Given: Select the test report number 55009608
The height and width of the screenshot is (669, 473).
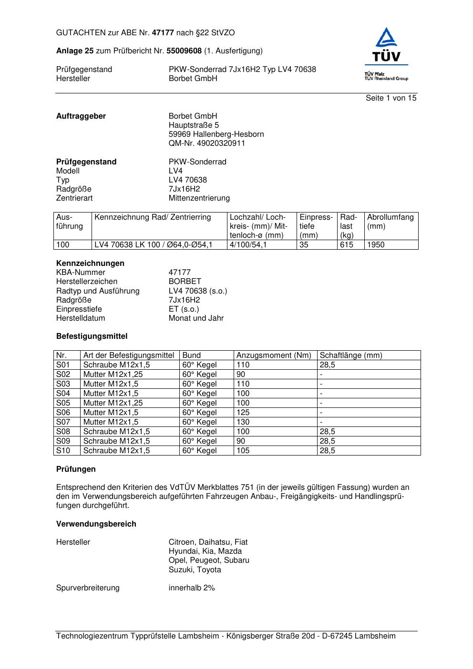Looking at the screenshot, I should (184, 51).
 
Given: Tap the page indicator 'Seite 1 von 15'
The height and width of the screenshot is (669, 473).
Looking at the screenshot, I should (391, 98).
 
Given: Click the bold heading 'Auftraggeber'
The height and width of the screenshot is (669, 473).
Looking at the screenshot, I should (81, 116).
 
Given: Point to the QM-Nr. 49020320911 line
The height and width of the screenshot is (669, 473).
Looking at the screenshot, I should (206, 143).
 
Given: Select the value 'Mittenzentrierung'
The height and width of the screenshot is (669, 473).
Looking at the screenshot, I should (199, 198).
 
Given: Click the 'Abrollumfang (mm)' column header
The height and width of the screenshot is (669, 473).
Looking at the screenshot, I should (390, 222).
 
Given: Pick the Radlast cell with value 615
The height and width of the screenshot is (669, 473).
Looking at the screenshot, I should (347, 245).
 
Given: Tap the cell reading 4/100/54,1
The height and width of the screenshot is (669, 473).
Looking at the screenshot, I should (248, 245).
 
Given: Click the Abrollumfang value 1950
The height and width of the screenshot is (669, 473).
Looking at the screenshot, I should (376, 245).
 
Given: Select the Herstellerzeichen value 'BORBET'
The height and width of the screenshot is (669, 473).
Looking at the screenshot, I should (185, 282).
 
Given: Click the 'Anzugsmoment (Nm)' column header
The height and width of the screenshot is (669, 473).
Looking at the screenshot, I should (274, 355).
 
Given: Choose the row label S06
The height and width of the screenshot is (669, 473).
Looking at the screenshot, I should (63, 413).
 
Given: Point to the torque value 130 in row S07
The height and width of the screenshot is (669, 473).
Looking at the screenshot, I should (243, 422).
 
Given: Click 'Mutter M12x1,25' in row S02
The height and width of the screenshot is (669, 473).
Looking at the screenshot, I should (113, 375).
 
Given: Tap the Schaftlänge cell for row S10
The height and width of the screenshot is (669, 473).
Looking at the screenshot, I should (328, 451).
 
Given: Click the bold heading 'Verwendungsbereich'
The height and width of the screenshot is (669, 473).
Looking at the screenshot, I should (96, 524).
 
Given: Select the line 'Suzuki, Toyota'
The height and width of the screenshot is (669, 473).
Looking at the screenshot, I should (195, 570).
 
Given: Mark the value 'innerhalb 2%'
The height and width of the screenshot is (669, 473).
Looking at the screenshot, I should (192, 588).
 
